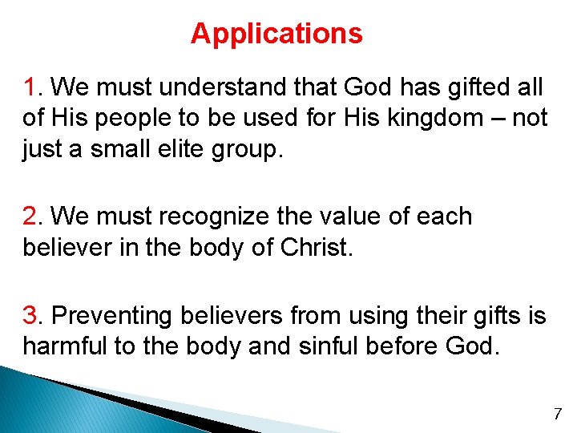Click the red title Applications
[276, 34]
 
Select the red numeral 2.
[30, 216]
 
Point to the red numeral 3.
[30, 316]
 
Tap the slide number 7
[559, 415]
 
